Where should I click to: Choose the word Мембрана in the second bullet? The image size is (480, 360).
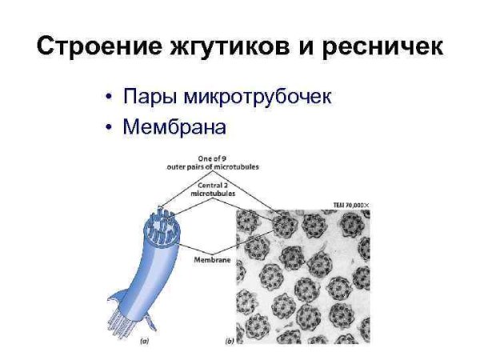click(x=175, y=127)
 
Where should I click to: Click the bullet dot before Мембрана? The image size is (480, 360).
click(x=109, y=127)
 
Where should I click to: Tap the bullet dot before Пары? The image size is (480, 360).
click(x=109, y=98)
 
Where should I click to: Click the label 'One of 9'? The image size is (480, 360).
click(x=212, y=158)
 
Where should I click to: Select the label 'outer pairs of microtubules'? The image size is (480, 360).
click(x=213, y=167)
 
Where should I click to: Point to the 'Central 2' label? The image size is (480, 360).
click(x=213, y=184)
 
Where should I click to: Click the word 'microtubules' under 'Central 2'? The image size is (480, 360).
click(x=213, y=193)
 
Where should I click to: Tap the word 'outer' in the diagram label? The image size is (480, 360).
click(x=177, y=167)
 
